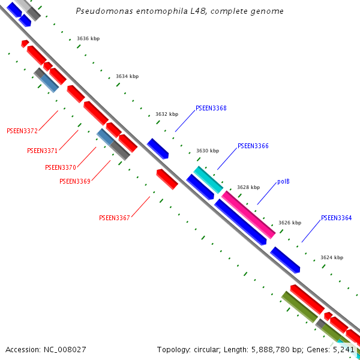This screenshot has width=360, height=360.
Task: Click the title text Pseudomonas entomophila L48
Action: coord(179,11)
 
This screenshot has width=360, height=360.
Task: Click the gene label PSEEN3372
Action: coord(22,131)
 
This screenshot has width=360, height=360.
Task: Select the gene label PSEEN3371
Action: coord(42,151)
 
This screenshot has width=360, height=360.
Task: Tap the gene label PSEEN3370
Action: coord(60,167)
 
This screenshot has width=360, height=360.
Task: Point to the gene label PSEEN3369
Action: coord(74,181)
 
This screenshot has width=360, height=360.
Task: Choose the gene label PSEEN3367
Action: coord(114,218)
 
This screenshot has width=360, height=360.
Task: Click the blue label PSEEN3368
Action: coord(211,109)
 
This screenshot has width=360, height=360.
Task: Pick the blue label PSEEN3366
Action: coord(253,146)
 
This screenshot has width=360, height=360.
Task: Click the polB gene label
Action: coord(283,181)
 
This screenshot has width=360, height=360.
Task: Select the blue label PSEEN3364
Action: coord(336,218)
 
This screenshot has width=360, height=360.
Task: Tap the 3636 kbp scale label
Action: coord(88,38)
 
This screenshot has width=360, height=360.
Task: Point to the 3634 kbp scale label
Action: coord(127,76)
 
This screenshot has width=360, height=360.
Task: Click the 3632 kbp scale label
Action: coord(167,114)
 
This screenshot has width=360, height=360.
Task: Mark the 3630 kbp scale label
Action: coord(208,151)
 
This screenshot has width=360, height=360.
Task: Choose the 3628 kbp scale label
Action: coord(248,187)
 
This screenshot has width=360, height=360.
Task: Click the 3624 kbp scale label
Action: coord(332,257)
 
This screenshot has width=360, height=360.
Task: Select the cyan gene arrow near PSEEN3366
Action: coord(208,180)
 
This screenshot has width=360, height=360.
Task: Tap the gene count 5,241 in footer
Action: coord(344,349)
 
